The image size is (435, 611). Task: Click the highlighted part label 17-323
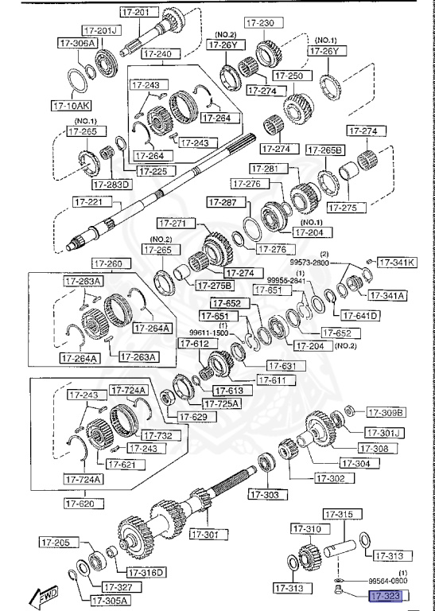pyautogui.click(x=386, y=595)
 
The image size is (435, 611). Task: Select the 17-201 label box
pyautogui.click(x=137, y=12)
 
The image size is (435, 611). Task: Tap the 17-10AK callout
pyautogui.click(x=72, y=104)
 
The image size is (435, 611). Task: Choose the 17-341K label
pyautogui.click(x=395, y=262)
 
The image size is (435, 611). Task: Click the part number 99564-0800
pyautogui.click(x=386, y=582)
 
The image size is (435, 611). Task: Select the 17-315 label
pyautogui.click(x=342, y=516)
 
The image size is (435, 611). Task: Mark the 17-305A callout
pyautogui.click(x=109, y=601)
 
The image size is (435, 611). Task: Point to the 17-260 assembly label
pyautogui.click(x=108, y=264)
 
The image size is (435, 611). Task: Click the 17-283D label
pyautogui.click(x=111, y=185)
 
